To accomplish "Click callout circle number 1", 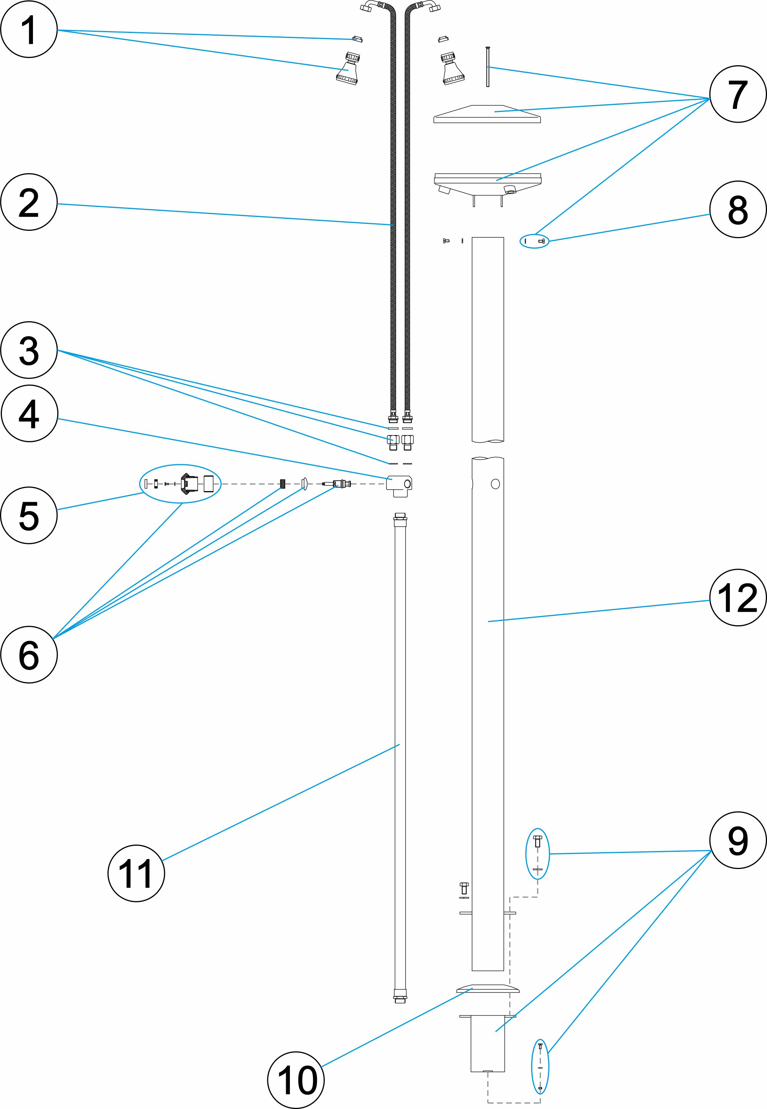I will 29,29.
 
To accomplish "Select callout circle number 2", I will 29,202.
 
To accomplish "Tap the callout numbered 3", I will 29,350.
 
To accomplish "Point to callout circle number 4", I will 29,414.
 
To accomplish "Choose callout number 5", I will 29,515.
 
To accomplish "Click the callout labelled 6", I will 29,655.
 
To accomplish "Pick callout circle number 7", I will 738,94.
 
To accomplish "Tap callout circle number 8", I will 738,209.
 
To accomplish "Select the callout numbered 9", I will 738,840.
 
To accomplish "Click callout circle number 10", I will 296,1080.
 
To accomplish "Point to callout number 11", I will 136,873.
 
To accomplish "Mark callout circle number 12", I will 738,598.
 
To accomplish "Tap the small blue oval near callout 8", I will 534,241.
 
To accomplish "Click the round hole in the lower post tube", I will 495,484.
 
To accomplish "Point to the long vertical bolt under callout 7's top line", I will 487,67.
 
